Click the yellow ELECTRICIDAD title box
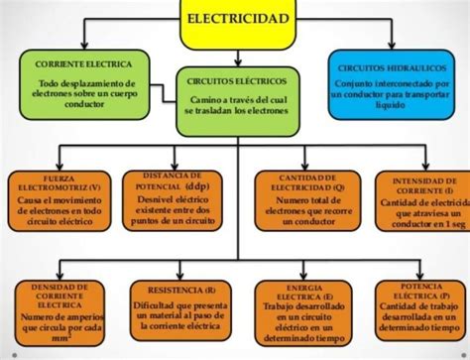click(x=237, y=20)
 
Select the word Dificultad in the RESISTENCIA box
click(x=159, y=305)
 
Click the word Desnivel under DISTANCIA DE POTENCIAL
click(x=155, y=197)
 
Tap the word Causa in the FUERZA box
click(x=33, y=201)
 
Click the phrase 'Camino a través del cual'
click(x=236, y=100)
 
